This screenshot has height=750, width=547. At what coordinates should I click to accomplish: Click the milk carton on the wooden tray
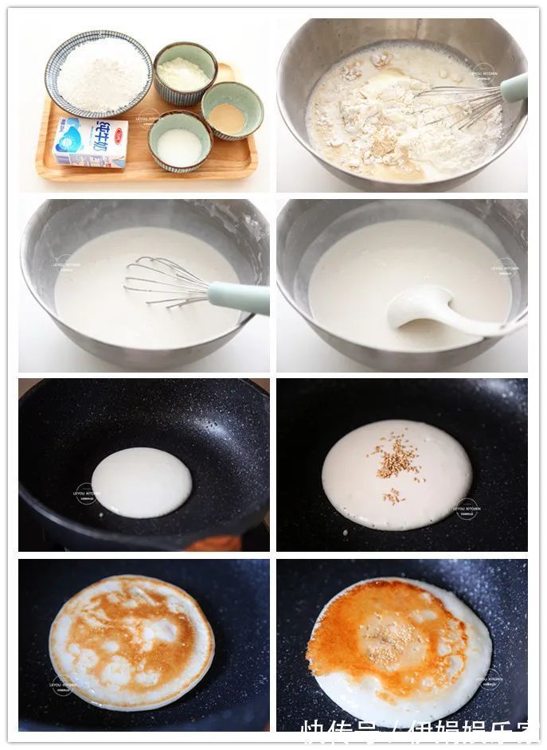[x=91, y=143]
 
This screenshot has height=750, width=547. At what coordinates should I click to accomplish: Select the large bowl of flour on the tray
[x=98, y=73]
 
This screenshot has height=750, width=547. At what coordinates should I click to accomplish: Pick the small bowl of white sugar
[x=179, y=144]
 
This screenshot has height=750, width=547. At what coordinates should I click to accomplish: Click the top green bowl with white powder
[x=185, y=73]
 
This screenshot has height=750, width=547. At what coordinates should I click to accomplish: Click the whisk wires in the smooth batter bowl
[x=163, y=283]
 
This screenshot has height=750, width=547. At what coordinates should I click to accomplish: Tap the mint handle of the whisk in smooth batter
[x=239, y=298]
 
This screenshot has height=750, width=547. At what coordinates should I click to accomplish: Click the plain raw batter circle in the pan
[x=141, y=482]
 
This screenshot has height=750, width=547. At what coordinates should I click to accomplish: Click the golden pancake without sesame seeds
[x=131, y=642]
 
